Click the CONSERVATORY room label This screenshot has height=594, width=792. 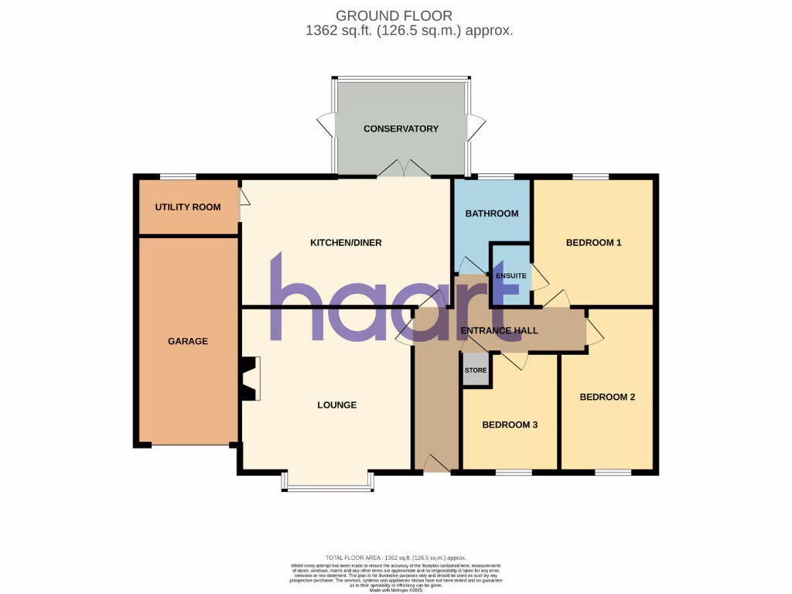tap(401, 128)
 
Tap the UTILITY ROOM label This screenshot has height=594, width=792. tap(187, 207)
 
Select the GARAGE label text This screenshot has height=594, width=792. tap(188, 341)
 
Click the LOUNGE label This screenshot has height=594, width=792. tap(337, 405)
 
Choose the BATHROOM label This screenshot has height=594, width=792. tap(491, 213)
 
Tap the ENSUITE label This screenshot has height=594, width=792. tap(511, 275)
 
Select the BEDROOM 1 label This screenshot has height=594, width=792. tap(594, 243)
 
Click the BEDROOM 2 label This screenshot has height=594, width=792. tap(607, 397)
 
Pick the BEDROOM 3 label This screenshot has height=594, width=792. tap(510, 425)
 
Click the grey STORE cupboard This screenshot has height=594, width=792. tap(476, 370)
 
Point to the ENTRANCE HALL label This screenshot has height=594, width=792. tap(499, 331)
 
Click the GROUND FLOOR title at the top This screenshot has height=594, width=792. tap(394, 15)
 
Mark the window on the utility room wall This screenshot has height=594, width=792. tap(178, 176)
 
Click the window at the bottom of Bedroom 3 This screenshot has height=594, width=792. tap(507, 471)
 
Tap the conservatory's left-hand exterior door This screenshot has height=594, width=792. tap(325, 127)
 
